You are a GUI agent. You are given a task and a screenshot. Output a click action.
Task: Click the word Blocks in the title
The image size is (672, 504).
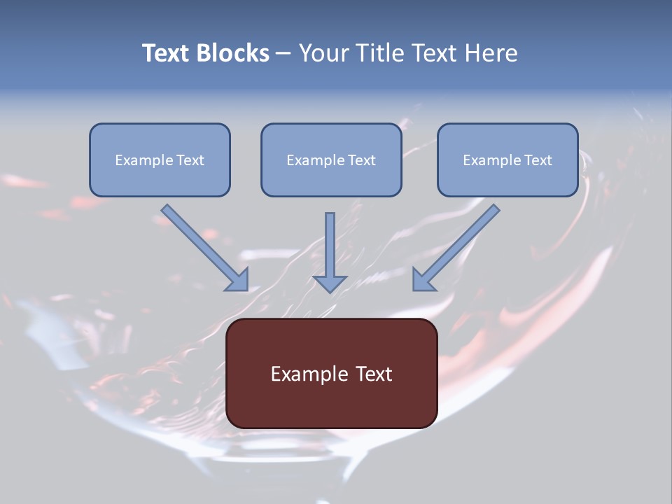pos(232,53)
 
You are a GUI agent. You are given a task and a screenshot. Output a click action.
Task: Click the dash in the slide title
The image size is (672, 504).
pos(283,54)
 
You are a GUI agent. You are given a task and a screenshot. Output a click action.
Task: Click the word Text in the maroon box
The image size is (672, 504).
pos(374,374)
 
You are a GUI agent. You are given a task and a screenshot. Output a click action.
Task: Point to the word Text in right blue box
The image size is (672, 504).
pos(538,160)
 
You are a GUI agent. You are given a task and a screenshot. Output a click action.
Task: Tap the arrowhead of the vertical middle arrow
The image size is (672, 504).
pos(330,283)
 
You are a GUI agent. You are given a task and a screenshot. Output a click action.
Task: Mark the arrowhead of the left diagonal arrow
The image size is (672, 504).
pos(238,280)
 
